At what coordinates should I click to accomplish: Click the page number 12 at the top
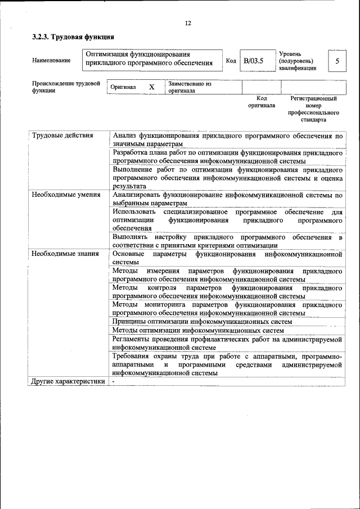pyautogui.click(x=188, y=23)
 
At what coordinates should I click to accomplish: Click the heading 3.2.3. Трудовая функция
pyautogui.click(x=73, y=37)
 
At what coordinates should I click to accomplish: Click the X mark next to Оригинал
pyautogui.click(x=151, y=87)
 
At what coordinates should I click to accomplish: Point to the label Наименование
pyautogui.click(x=52, y=61)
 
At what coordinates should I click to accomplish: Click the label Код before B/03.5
pyautogui.click(x=231, y=61)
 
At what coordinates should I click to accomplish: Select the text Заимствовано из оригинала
pyautogui.click(x=189, y=87)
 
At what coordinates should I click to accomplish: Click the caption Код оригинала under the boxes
pyautogui.click(x=262, y=102)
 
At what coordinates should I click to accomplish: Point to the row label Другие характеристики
pyautogui.click(x=68, y=381)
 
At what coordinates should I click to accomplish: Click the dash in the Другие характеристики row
pyautogui.click(x=113, y=381)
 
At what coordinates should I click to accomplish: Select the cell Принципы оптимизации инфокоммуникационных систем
pyautogui.click(x=202, y=321)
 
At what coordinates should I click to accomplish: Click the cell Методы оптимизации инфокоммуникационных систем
pyautogui.click(x=198, y=330)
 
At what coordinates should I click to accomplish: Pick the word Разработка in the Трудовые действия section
pyautogui.click(x=131, y=152)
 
